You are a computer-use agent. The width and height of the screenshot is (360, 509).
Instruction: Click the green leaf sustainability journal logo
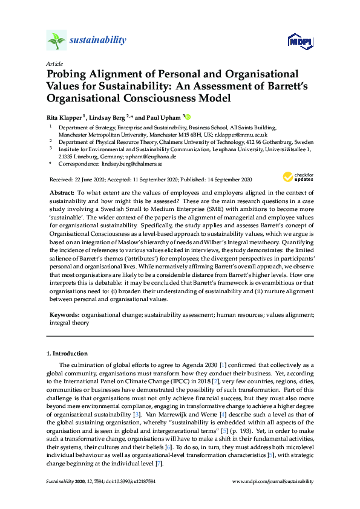pos(56,41)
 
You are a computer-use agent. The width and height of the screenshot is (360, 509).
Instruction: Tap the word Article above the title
pos(54,63)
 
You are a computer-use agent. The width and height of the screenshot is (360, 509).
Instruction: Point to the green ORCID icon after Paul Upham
pos(188,117)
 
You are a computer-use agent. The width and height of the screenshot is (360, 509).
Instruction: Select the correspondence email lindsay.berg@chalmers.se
pos(131,164)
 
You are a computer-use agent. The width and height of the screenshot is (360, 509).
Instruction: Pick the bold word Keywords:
pos(64,315)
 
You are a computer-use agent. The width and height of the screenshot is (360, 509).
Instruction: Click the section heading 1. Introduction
pos(67,353)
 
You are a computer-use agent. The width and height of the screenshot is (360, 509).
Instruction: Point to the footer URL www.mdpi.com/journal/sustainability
pos(273,481)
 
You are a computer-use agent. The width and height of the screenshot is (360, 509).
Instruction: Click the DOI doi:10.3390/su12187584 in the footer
pos(121,481)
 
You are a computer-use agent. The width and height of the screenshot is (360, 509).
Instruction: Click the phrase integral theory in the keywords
pos(69,323)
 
